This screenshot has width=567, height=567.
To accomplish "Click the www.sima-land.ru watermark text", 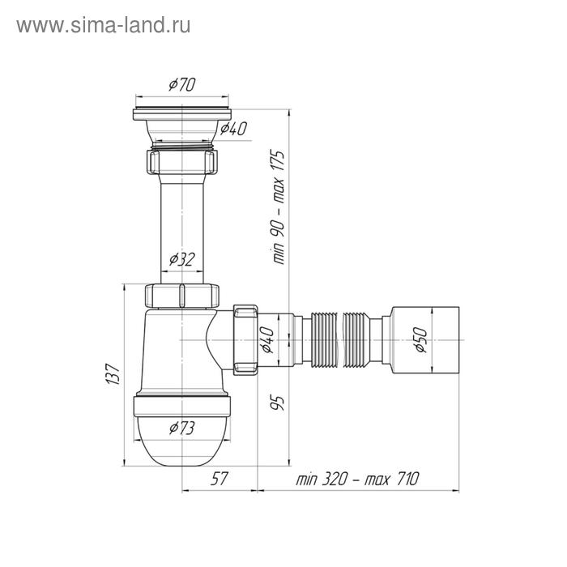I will click(104, 25).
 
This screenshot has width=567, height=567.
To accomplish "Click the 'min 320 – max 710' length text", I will click(356, 479).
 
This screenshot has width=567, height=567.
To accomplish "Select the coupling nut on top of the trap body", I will click(181, 293).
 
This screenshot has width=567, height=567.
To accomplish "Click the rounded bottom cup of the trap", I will click(181, 441).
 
